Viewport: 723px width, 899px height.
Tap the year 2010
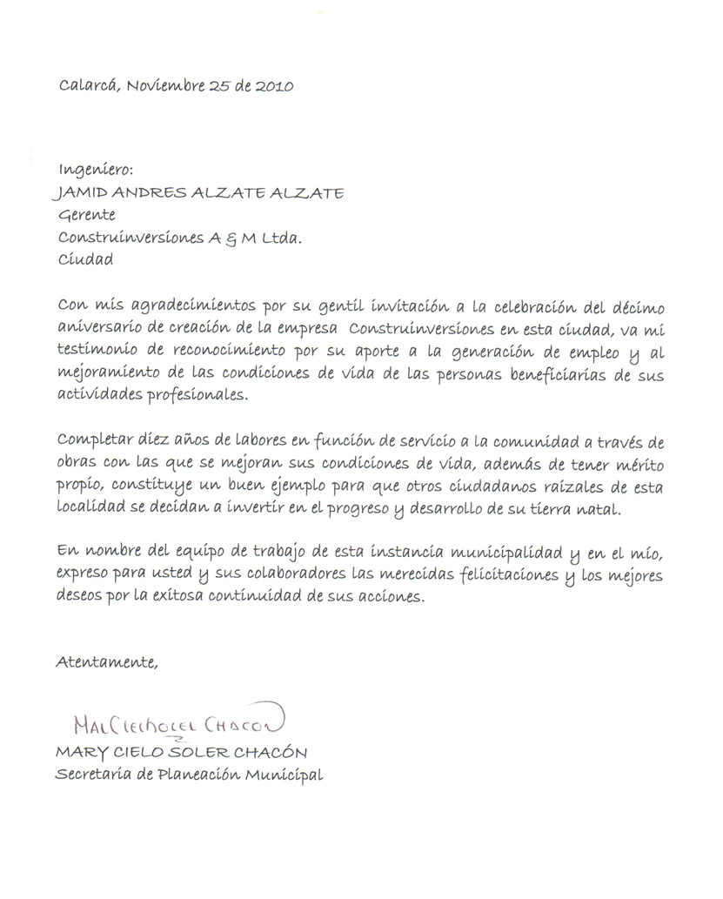(x=274, y=85)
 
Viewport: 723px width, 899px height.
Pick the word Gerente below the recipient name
(x=86, y=215)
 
